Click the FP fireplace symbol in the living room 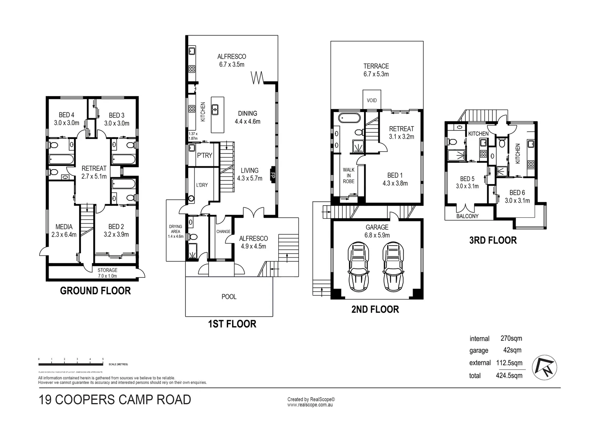tap(273, 175)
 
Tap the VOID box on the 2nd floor tap(372, 100)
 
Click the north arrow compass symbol tap(545, 368)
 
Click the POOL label tap(229, 297)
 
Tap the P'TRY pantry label tap(204, 155)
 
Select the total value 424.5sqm tap(509, 375)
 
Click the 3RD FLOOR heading tap(493, 240)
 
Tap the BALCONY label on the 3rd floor tap(467, 216)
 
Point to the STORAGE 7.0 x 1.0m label tap(107, 273)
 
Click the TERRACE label tap(376, 70)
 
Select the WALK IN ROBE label tap(348, 176)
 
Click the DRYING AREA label tap(175, 231)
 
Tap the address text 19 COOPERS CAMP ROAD tap(115, 400)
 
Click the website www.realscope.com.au tap(310, 405)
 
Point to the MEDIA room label tap(64, 231)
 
